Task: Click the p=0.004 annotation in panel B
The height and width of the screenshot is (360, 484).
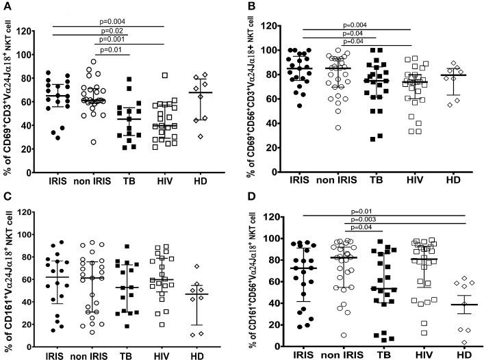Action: click(x=359, y=25)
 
